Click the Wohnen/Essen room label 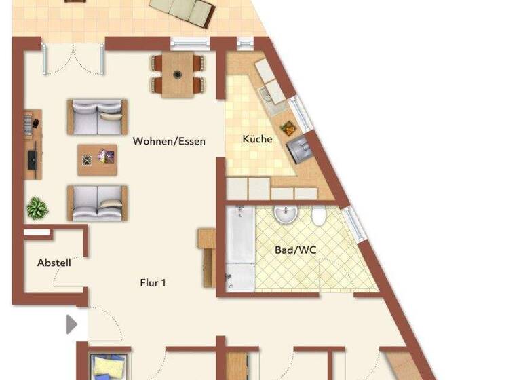click(x=168, y=141)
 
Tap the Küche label click(x=258, y=139)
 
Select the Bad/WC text click(x=295, y=250)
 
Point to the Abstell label click(x=54, y=263)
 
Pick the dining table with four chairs click(x=178, y=74)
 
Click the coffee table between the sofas click(x=97, y=159)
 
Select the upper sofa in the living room click(x=97, y=117)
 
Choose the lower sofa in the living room click(x=97, y=202)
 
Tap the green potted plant click(x=37, y=208)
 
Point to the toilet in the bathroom click(x=318, y=217)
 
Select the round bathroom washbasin click(x=286, y=215)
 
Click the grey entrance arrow click(x=71, y=324)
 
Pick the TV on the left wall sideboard click(x=31, y=159)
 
